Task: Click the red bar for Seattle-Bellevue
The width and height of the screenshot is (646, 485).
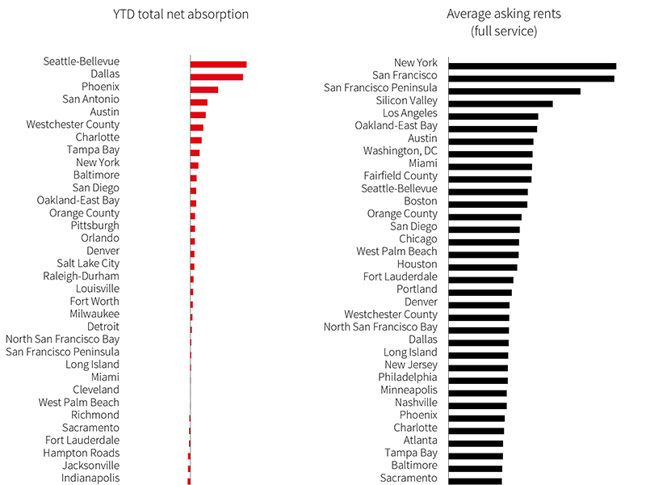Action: tap(218, 65)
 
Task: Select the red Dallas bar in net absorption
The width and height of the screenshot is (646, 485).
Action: tap(216, 77)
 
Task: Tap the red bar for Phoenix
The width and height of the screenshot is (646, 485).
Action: tap(204, 90)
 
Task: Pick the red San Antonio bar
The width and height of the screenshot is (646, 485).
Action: tap(199, 103)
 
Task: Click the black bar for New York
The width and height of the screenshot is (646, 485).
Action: tap(532, 66)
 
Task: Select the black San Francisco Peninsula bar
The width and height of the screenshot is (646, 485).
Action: tap(514, 91)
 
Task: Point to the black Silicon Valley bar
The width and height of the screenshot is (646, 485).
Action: tap(501, 104)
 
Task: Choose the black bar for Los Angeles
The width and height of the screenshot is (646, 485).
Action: tap(493, 116)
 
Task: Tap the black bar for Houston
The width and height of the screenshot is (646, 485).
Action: tap(483, 268)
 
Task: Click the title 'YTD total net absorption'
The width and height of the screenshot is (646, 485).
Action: tap(181, 15)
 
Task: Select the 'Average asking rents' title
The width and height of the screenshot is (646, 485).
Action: tap(504, 14)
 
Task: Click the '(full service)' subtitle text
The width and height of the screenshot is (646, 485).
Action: tap(504, 32)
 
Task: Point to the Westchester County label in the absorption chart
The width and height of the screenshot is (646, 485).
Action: tap(73, 124)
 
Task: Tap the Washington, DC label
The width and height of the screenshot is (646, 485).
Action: tap(400, 151)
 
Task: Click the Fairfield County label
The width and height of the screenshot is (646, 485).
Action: tap(401, 176)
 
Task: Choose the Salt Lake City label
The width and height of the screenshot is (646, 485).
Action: tap(88, 264)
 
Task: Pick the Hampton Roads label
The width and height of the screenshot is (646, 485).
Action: tap(82, 453)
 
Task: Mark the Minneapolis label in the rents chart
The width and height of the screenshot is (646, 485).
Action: tap(409, 390)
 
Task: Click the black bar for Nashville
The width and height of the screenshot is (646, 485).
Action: tap(478, 406)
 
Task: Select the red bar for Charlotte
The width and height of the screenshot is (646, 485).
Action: tap(196, 140)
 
